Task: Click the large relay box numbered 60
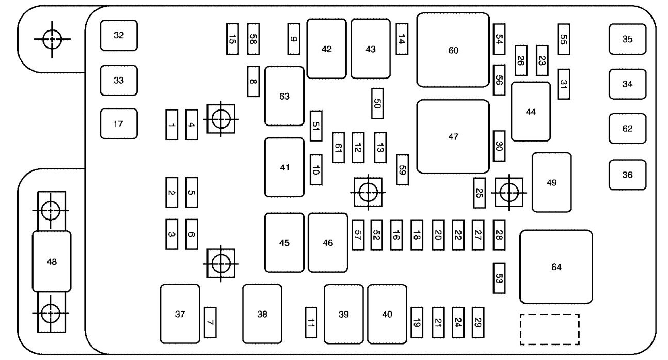point(453,50)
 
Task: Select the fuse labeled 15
point(233,39)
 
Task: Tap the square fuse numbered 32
point(119,36)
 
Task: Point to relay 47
point(453,137)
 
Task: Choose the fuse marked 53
point(499,278)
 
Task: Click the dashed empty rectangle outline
point(549,329)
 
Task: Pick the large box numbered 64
point(555,267)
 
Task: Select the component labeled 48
point(52,262)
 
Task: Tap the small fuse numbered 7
point(210,322)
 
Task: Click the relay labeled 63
point(284,96)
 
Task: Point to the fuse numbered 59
point(403,169)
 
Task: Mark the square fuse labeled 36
point(627,175)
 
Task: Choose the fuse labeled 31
point(564,84)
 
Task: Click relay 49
point(551,182)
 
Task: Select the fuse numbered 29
point(478,322)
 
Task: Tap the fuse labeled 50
point(377,104)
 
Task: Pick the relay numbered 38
point(262,314)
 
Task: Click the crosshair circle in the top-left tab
point(51,38)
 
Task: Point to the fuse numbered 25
point(479,193)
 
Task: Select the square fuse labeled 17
point(119,124)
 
